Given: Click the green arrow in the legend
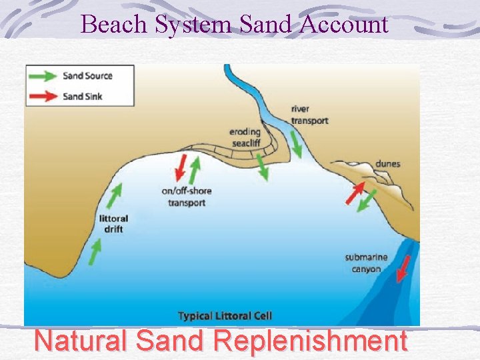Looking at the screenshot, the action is tap(43, 76).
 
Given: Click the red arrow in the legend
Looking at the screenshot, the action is tap(43, 96).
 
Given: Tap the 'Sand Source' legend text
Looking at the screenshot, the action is tap(88, 76).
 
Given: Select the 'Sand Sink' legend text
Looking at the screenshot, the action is tap(83, 96).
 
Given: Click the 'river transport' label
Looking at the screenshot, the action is tap(309, 115).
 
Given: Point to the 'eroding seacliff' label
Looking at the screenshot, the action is tap(244, 137).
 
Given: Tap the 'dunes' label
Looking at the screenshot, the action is tap(387, 163).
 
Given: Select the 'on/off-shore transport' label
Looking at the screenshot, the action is tap(186, 197).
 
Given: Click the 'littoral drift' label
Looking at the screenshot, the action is tap(113, 224).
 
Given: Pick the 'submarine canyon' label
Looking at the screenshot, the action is tap(363, 263).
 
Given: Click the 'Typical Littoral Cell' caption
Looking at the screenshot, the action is tap(225, 316).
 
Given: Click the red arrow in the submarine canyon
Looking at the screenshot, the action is tap(403, 269).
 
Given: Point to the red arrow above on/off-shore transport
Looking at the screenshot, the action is tap(180, 169).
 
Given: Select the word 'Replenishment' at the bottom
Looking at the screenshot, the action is tap(310, 341).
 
